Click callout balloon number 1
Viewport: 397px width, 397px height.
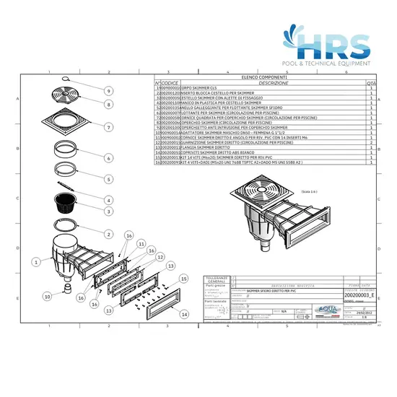point(35,256)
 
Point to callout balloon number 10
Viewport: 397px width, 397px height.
point(47,296)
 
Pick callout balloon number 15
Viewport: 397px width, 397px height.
point(183,279)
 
